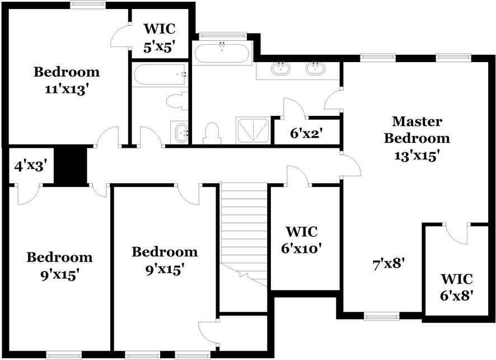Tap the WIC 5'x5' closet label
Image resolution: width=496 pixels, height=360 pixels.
160,38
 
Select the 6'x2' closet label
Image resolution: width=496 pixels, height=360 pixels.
306,133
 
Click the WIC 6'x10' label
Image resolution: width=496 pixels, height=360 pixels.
302,240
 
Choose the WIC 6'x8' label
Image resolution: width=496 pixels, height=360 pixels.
457,287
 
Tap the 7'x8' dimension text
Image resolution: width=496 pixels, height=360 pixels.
389,264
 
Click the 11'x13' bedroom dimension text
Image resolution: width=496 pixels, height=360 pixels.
65,90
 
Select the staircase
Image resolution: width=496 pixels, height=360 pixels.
244,235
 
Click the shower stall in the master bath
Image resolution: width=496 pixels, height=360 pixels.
252,130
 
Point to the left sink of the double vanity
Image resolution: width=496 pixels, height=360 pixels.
280,69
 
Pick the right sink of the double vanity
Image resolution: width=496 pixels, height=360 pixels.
315,69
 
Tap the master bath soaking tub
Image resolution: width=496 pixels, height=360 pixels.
222,53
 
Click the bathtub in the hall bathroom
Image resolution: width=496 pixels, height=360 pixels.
160,74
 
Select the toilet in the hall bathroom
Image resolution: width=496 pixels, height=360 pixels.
176,101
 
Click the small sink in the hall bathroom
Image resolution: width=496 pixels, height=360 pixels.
180,133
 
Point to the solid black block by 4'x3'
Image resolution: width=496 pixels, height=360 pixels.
71,165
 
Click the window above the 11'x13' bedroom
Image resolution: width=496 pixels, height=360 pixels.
88,4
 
